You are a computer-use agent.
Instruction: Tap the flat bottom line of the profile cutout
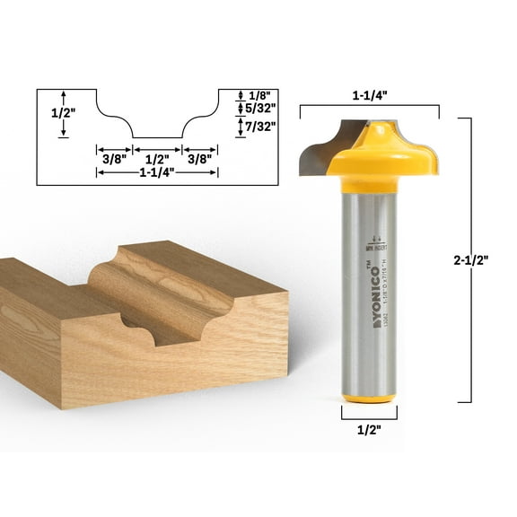tap(158, 137)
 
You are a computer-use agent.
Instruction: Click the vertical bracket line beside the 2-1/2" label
tap(470, 261)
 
